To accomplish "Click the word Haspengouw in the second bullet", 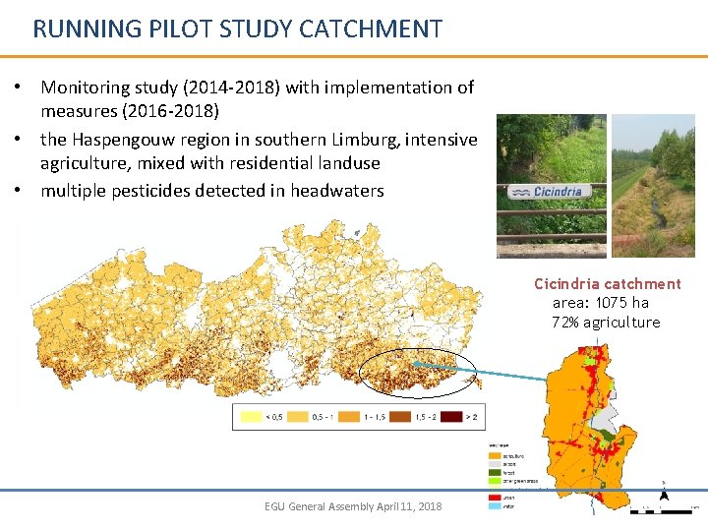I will point(125,140).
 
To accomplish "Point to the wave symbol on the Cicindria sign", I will point(521,192).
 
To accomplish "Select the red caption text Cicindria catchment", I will point(607,283).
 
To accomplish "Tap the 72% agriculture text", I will point(606,323).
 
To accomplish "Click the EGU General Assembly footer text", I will point(353,506).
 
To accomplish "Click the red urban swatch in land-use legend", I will point(494,499).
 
